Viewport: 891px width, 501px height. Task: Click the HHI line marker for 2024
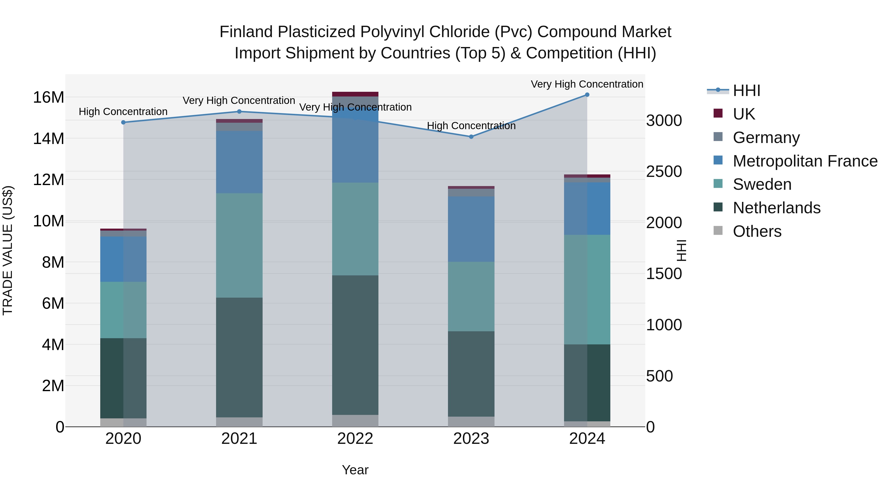pos(587,95)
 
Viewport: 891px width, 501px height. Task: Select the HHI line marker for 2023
pos(471,137)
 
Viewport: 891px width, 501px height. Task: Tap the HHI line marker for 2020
pos(124,122)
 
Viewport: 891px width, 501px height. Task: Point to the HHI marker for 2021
pos(239,112)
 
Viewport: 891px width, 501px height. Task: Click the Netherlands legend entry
pos(776,208)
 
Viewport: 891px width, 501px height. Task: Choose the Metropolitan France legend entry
pos(805,161)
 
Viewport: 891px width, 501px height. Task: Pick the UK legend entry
pos(744,114)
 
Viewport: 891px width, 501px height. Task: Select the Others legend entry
pos(757,231)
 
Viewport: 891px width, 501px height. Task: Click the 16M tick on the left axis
pos(49,97)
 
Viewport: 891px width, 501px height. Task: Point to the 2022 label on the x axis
pos(355,439)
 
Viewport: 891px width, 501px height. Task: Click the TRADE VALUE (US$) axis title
pos(8,250)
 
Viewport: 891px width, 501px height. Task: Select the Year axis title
pos(355,470)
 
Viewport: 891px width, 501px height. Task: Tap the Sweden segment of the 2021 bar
pos(239,245)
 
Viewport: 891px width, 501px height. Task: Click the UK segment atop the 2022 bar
pos(355,94)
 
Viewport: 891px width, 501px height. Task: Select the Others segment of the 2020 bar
pos(124,423)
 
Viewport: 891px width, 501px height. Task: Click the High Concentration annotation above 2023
pos(471,126)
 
